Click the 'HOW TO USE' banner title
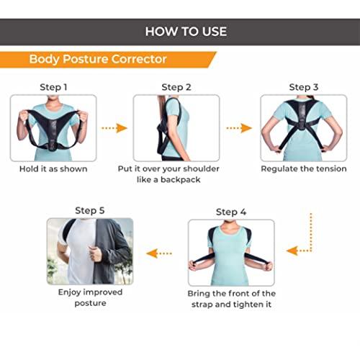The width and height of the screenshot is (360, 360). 185,31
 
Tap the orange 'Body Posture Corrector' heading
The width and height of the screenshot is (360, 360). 98,59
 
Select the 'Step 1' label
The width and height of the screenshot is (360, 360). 53,87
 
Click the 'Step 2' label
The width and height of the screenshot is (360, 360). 176,87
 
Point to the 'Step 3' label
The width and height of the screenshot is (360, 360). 304,87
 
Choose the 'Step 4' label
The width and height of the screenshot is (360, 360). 231,212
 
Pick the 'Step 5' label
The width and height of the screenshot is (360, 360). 90,210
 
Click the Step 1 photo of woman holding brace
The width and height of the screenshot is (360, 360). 53,128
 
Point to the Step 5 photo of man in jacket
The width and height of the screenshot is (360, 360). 90,251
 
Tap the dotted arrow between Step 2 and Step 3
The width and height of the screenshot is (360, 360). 239,128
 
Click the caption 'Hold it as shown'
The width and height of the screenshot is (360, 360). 53,169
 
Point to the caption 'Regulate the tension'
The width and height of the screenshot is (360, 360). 304,169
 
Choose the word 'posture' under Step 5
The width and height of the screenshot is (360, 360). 91,303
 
